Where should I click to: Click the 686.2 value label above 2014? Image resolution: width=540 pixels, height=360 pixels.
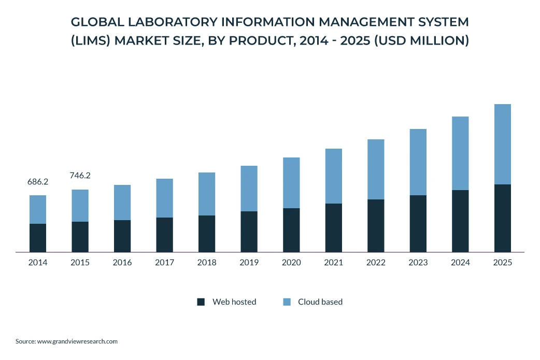pyautogui.click(x=38, y=182)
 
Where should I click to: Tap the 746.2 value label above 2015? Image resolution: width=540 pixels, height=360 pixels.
pyautogui.click(x=80, y=176)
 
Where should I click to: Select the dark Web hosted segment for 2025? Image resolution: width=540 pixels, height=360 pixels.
pyautogui.click(x=502, y=218)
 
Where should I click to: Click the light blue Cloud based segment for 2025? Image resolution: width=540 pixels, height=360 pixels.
pyautogui.click(x=502, y=144)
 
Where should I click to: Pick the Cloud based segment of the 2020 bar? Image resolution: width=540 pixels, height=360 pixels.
pyautogui.click(x=291, y=183)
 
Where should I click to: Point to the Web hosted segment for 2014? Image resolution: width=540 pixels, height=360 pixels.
pyautogui.click(x=38, y=238)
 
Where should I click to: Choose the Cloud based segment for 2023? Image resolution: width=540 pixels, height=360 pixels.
pyautogui.click(x=418, y=162)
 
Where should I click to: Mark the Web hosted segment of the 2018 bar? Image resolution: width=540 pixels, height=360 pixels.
pyautogui.click(x=207, y=234)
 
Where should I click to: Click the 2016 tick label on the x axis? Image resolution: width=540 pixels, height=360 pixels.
pyautogui.click(x=122, y=263)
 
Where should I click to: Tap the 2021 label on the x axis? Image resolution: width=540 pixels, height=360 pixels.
pyautogui.click(x=334, y=263)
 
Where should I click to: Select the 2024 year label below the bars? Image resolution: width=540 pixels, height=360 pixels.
pyautogui.click(x=460, y=263)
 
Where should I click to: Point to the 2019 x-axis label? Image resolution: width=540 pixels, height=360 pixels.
pyautogui.click(x=249, y=263)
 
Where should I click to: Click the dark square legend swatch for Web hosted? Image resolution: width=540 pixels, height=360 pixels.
pyautogui.click(x=201, y=302)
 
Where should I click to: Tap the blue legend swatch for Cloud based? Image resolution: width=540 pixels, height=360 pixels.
pyautogui.click(x=287, y=302)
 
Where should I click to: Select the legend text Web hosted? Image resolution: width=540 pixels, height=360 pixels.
pyautogui.click(x=234, y=302)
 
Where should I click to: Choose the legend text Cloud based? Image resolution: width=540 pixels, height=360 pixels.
pyautogui.click(x=320, y=302)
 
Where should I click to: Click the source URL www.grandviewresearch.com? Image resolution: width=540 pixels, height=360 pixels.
pyautogui.click(x=77, y=341)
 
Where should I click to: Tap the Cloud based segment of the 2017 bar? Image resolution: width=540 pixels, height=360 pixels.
pyautogui.click(x=164, y=198)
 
